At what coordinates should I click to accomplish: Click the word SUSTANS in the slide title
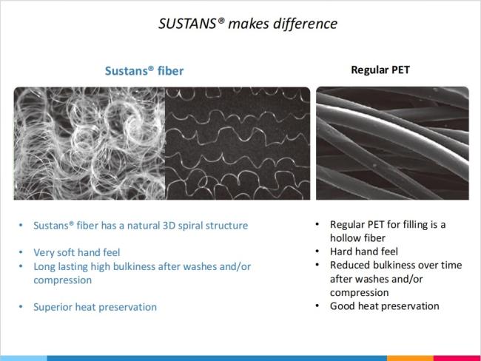point(187,24)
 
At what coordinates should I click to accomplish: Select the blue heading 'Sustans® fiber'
point(144,71)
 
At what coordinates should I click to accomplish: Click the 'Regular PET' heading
point(380,70)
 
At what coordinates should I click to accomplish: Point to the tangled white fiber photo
point(90,144)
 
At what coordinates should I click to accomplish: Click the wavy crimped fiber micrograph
point(238,144)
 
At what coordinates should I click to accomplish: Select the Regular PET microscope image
point(392,144)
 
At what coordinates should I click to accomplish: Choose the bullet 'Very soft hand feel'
point(77,252)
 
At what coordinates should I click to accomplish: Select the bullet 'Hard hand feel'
point(364,252)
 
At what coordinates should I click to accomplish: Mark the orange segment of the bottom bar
point(410,358)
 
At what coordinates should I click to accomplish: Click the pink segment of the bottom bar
point(457,358)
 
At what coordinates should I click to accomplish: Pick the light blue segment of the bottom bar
point(24,358)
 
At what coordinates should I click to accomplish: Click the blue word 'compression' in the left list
point(63,280)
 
